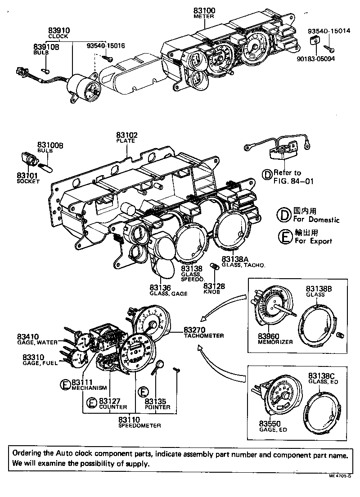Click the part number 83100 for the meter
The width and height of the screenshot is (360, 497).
pos(204,10)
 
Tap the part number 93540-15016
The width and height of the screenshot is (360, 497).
pos(106,45)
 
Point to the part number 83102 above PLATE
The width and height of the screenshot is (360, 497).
pos(126,135)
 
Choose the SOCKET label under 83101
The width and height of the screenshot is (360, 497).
pos(28,181)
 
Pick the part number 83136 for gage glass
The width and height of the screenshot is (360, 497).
pos(161,287)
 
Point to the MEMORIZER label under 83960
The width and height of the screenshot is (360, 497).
pos(275,342)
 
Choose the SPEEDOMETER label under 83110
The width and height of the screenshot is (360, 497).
pos(139,425)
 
